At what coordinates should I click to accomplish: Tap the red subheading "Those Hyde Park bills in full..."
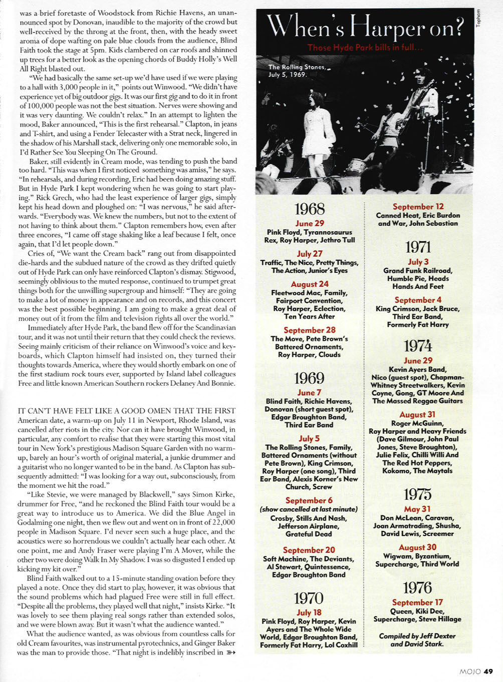(365, 48)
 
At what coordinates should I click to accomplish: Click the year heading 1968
(309, 209)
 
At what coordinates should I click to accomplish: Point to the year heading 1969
(309, 378)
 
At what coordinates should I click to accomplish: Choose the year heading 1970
(309, 598)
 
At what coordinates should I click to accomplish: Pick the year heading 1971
(418, 247)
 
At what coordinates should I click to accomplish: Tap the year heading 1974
(418, 346)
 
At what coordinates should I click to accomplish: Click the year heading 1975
(418, 494)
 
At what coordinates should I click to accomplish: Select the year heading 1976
(418, 588)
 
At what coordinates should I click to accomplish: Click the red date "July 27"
(309, 254)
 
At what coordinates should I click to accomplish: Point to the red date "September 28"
(309, 330)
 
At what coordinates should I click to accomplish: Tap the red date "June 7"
(309, 393)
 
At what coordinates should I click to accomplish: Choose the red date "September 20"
(309, 550)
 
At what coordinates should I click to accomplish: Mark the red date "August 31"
(417, 414)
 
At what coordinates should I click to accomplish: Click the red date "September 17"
(417, 602)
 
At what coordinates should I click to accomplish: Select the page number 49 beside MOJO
(489, 671)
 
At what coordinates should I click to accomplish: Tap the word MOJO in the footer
(470, 671)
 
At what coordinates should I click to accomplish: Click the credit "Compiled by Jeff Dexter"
(417, 636)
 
